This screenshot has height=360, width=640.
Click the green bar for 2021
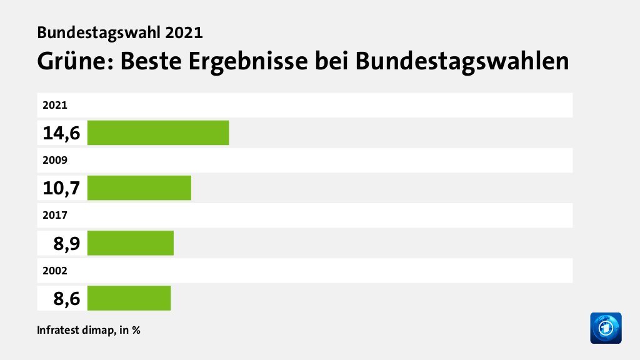[x=158, y=132]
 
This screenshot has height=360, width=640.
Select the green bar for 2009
[x=139, y=187]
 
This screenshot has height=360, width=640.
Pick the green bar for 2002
[x=129, y=297]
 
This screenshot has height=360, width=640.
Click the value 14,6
[x=61, y=132]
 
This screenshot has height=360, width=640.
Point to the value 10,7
[x=61, y=187]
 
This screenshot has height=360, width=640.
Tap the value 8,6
[x=66, y=297]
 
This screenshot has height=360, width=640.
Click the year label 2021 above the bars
[x=55, y=105]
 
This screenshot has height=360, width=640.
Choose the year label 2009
[x=55, y=159]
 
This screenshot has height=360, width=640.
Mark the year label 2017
[x=55, y=214]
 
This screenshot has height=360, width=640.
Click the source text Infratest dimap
[x=75, y=330]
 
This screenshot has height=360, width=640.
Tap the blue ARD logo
[x=606, y=328]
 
